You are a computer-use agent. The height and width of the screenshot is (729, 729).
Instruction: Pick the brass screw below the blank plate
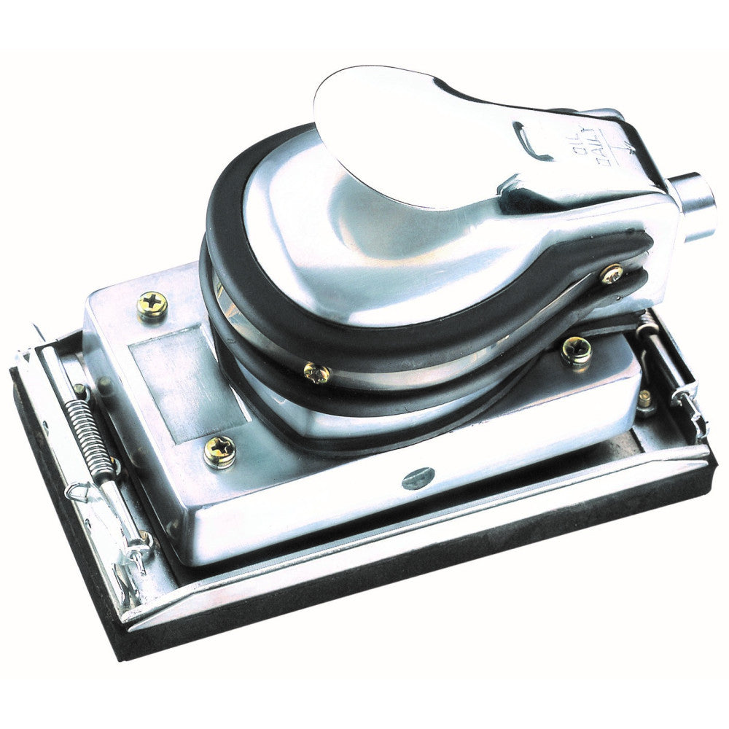pos(219,452)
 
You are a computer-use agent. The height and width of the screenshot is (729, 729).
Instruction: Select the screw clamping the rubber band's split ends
pos(611,274)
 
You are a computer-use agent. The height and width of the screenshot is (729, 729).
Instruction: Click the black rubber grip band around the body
pos(241,306)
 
